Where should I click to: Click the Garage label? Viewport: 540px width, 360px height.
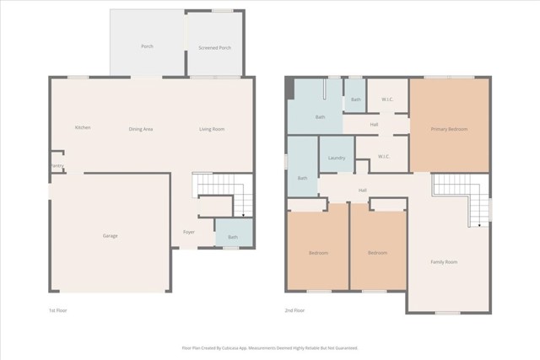click(x=110, y=235)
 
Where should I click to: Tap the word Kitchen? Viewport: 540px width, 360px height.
click(x=83, y=127)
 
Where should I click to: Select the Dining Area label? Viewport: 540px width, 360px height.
click(x=140, y=129)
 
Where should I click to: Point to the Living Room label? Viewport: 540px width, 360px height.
click(x=211, y=129)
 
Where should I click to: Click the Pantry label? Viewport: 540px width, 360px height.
click(x=57, y=165)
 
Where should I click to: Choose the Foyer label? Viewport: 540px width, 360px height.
click(x=189, y=232)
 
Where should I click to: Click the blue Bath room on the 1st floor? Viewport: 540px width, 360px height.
click(x=232, y=237)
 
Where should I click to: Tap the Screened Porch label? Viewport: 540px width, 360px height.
click(x=214, y=48)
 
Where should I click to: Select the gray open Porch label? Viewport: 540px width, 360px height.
click(x=147, y=46)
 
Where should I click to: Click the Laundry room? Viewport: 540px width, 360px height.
click(x=337, y=158)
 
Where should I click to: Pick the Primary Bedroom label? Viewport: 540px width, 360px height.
click(x=449, y=129)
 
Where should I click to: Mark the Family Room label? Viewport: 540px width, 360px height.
click(x=444, y=262)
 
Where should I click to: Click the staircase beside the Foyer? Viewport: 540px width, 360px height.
click(x=222, y=194)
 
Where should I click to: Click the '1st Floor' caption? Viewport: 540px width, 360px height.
click(x=57, y=310)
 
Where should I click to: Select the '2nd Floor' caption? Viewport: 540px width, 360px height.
click(x=295, y=310)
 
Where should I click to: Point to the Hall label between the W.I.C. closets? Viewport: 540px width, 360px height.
click(x=374, y=125)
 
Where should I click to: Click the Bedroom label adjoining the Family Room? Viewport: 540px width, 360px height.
click(x=377, y=253)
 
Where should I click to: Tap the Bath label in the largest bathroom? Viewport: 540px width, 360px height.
click(x=320, y=117)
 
